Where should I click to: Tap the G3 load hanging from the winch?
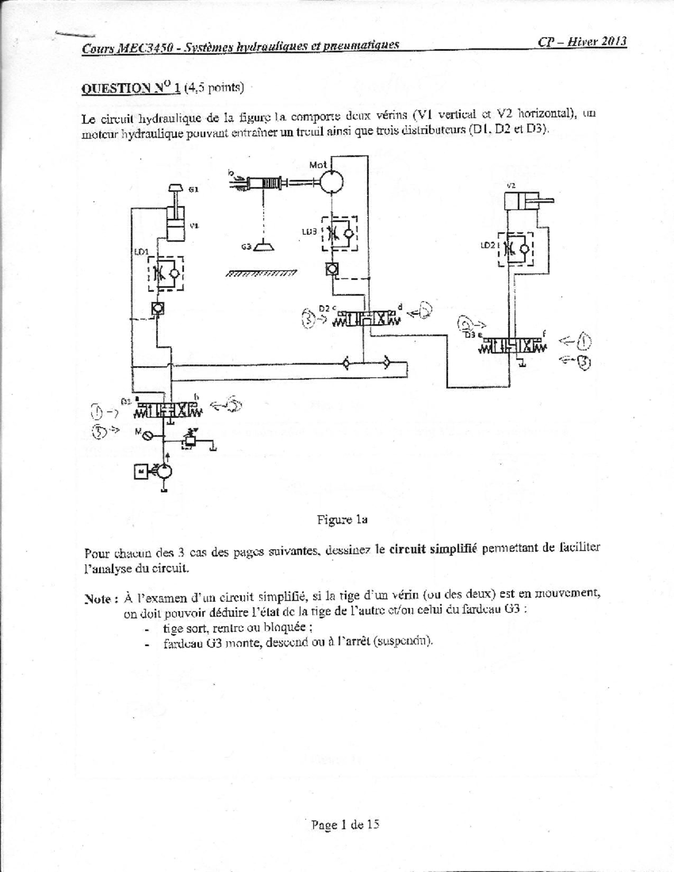click(x=262, y=246)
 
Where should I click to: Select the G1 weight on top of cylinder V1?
click(x=176, y=189)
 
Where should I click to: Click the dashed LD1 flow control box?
click(x=165, y=273)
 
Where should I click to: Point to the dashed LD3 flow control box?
click(x=339, y=233)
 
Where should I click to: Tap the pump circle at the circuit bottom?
click(x=164, y=472)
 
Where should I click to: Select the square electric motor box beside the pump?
click(x=140, y=472)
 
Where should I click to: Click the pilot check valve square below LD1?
click(x=157, y=308)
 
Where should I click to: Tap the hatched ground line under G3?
click(x=261, y=274)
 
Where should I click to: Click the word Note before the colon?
click(x=98, y=599)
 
